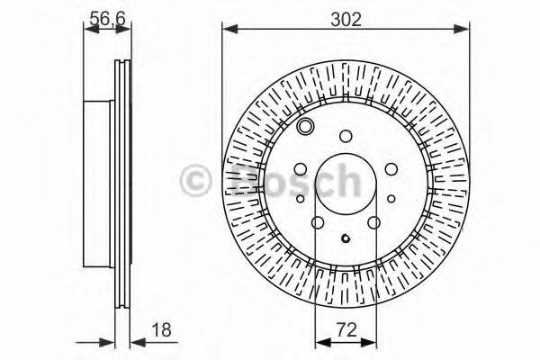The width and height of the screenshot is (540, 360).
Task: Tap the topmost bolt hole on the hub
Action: (x=346, y=137)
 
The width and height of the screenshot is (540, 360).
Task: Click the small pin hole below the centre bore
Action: (x=346, y=238)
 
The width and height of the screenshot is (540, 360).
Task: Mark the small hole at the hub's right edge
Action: (x=391, y=199)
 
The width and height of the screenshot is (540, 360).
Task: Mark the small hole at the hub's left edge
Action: (x=300, y=199)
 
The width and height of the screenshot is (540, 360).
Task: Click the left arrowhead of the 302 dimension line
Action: (x=228, y=31)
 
